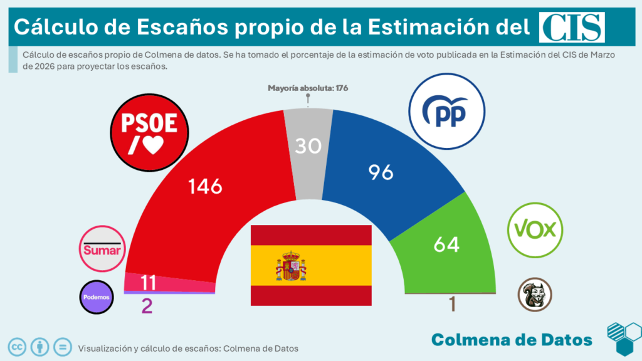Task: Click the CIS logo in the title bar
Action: click(x=572, y=27)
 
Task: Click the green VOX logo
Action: click(x=535, y=229)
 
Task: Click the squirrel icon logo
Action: click(x=535, y=295)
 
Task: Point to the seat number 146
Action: click(x=206, y=186)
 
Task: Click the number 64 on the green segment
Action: click(x=446, y=243)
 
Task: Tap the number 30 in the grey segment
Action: click(x=308, y=146)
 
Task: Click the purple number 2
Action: click(x=147, y=306)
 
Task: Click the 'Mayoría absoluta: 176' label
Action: click(x=308, y=88)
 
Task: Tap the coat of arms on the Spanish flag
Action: click(x=291, y=266)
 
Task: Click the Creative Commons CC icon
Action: click(x=17, y=347)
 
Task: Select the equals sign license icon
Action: click(x=61, y=347)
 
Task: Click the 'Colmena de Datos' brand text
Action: click(x=512, y=340)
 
